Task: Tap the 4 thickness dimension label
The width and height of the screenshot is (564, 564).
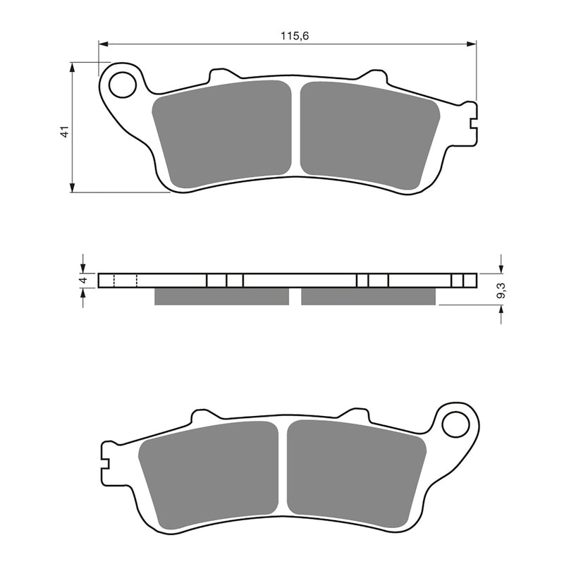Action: [83, 281]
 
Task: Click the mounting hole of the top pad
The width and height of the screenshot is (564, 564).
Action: [123, 85]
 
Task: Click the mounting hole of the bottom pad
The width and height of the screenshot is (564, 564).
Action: [455, 424]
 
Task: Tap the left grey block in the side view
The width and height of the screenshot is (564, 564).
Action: [221, 296]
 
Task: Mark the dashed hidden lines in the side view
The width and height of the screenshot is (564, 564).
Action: [125, 281]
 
